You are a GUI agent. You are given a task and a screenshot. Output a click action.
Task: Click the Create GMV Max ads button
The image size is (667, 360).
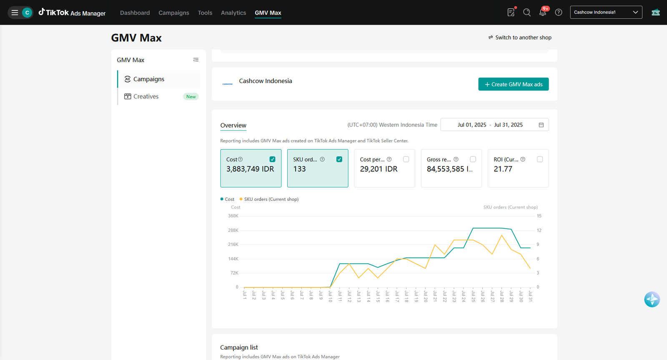pos(513,84)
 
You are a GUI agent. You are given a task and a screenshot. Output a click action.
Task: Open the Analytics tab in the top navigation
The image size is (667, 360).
pos(233,13)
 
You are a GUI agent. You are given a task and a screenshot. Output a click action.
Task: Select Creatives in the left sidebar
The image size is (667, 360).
pos(146,96)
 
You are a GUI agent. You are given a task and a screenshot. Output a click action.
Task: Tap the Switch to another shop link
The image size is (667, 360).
pos(520,37)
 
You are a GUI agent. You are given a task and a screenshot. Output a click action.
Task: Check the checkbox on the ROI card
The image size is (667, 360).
pos(539,159)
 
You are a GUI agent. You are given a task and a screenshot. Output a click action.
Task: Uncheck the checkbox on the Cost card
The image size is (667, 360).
pos(272,159)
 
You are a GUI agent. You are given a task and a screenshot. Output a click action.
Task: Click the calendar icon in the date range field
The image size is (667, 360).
pos(541,125)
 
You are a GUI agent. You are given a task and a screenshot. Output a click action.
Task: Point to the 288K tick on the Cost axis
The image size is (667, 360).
pos(233,230)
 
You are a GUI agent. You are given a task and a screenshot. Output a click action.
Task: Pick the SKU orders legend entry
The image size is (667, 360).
pos(269,199)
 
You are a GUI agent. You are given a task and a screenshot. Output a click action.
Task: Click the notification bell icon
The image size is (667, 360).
pos(542,12)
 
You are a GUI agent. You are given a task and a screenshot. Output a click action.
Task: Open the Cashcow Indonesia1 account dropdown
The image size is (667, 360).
pos(606,12)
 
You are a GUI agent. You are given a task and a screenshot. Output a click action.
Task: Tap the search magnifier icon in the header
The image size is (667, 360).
pos(527,12)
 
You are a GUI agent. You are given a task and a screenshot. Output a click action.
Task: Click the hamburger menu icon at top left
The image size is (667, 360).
pos(15,12)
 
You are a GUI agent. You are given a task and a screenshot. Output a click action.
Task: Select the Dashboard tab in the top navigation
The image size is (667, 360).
pos(135,13)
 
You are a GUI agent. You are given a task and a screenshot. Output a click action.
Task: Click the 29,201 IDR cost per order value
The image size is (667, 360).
pos(379,169)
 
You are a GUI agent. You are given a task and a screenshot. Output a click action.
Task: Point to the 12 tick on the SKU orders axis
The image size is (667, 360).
pos(539,230)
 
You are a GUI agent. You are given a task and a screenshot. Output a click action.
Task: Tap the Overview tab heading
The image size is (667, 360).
pos(233,125)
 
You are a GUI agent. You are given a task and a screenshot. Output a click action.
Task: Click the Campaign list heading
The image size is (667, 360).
pos(239,347)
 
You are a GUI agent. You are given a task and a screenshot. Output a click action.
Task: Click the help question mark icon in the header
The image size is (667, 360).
pos(559,12)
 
